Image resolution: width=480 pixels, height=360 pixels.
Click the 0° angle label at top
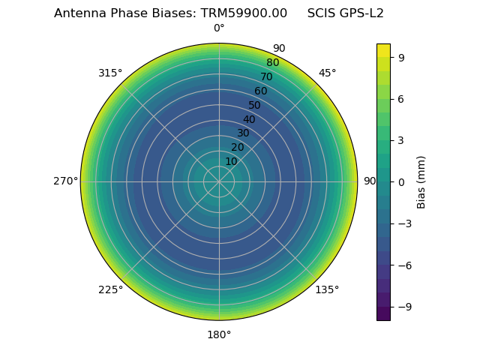[219, 28]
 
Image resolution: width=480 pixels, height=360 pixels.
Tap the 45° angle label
[327, 73]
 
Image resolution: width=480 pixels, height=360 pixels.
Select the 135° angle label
[327, 289]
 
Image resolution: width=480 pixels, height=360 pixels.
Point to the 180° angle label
[219, 334]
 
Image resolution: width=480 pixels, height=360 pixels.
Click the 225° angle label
[110, 289]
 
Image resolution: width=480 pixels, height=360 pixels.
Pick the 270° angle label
[65, 181]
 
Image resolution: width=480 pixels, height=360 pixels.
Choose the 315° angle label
[110, 73]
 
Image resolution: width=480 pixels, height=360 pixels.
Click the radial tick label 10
[231, 161]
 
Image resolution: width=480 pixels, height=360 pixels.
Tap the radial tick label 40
[249, 119]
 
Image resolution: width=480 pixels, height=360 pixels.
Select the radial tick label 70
[267, 76]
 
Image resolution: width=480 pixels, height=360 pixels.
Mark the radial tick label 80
[273, 63]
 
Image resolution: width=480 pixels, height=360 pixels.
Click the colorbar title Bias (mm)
[421, 181]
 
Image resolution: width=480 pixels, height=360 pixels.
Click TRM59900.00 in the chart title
[244, 13]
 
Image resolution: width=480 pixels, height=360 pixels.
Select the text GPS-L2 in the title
[362, 13]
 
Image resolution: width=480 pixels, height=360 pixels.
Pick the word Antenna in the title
[78, 13]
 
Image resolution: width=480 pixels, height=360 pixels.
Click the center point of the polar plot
[219, 181]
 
